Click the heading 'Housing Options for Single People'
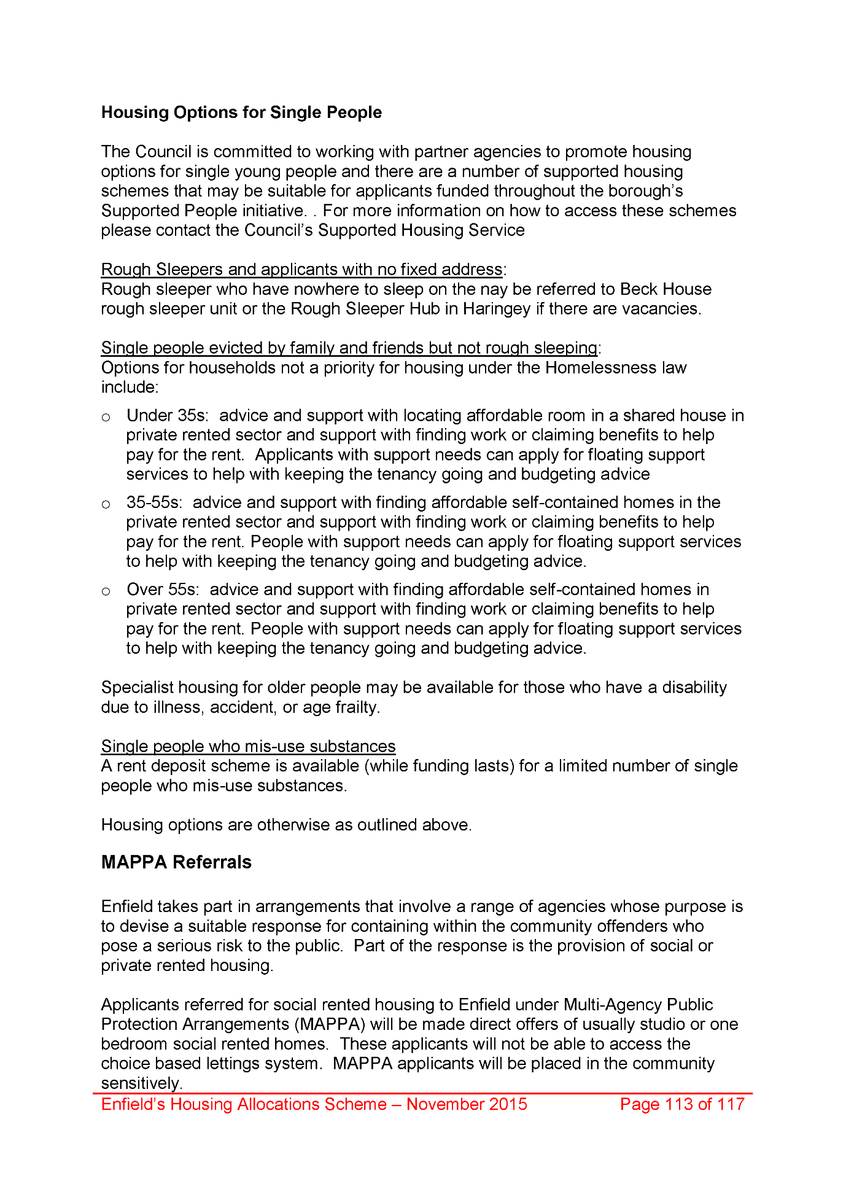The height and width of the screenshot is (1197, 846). [241, 112]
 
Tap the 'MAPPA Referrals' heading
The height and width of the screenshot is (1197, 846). [176, 862]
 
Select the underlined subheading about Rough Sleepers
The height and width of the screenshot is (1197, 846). [301, 270]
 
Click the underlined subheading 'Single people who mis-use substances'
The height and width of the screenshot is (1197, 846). [248, 746]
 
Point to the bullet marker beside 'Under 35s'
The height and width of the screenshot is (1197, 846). [106, 418]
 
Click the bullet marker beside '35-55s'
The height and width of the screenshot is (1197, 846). [106, 505]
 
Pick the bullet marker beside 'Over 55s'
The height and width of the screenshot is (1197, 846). [106, 592]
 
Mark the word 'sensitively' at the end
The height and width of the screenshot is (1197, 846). [141, 1083]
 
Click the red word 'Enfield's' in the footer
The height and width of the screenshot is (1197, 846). [133, 1104]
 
